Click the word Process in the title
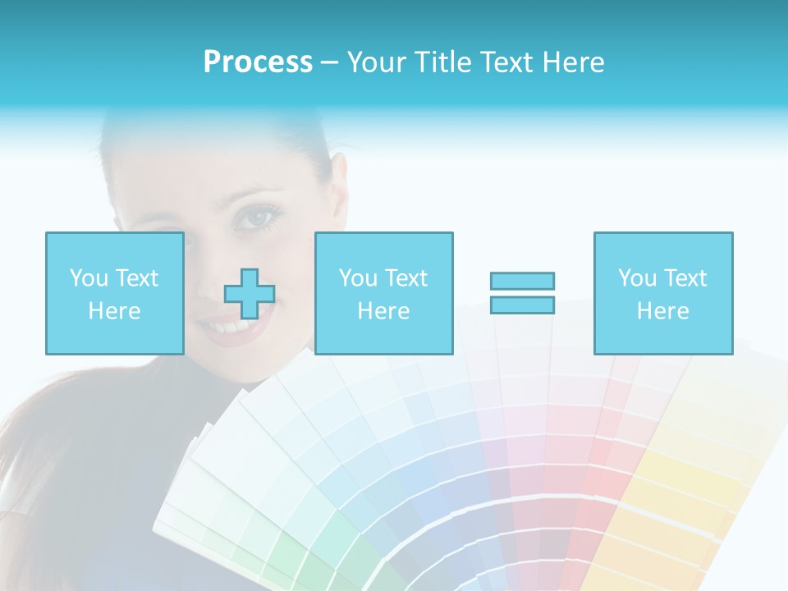click(258, 62)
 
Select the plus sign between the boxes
click(250, 294)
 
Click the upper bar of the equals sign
click(522, 282)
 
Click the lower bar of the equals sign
click(522, 305)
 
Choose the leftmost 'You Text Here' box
click(114, 293)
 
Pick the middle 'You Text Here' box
click(383, 293)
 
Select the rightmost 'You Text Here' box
click(662, 293)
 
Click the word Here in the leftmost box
click(114, 311)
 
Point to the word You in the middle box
click(358, 278)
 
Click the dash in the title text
click(329, 62)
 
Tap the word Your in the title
click(375, 62)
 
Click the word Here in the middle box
click(383, 311)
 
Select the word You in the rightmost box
click(637, 278)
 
